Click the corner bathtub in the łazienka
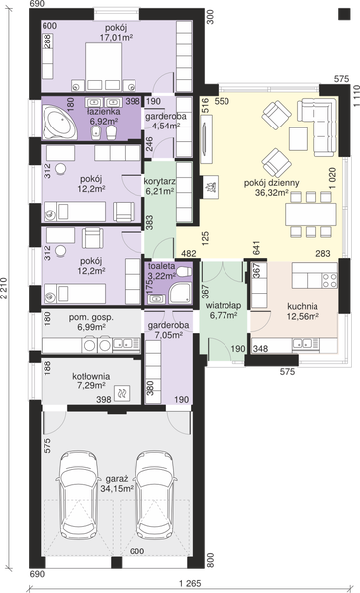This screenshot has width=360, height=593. click(x=59, y=123)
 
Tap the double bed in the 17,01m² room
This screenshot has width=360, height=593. click(x=103, y=67)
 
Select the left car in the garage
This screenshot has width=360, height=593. click(x=79, y=495)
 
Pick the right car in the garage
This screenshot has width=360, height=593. click(x=155, y=495)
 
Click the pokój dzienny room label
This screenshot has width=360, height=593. click(x=271, y=183)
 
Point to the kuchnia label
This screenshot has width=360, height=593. click(x=302, y=306)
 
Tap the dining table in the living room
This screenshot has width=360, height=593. click(x=311, y=214)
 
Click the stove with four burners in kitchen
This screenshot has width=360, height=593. click(x=329, y=280)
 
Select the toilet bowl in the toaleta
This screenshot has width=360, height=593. click(x=184, y=271)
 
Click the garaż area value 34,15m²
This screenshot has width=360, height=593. click(x=117, y=488)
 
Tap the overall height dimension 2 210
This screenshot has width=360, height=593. click(x=4, y=289)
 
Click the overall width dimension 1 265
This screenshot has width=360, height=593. click(x=191, y=583)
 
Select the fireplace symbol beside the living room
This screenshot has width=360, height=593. click(x=210, y=187)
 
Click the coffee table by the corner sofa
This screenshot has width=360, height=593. click(x=298, y=139)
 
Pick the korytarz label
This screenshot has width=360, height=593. click(x=160, y=181)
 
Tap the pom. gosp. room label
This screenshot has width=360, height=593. click(x=91, y=318)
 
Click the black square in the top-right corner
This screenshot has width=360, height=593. click(x=344, y=14)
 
